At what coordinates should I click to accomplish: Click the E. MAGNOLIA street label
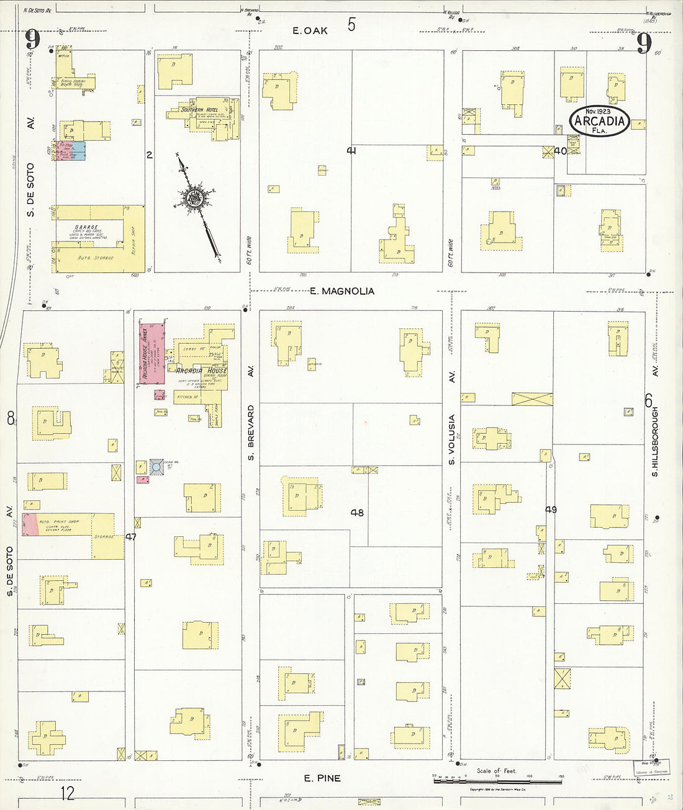point(342,291)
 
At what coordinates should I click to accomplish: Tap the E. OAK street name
point(310,30)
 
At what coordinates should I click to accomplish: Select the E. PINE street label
point(322,778)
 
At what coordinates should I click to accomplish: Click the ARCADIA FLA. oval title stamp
point(599,120)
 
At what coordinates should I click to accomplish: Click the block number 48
point(357,513)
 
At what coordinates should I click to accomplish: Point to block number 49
point(551,510)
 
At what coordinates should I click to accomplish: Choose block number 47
point(130,536)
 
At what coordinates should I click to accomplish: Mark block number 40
point(560,151)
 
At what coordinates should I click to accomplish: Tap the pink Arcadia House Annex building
point(152,354)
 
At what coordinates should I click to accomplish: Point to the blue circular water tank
point(156,466)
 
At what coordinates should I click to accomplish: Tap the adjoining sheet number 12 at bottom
point(68,793)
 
